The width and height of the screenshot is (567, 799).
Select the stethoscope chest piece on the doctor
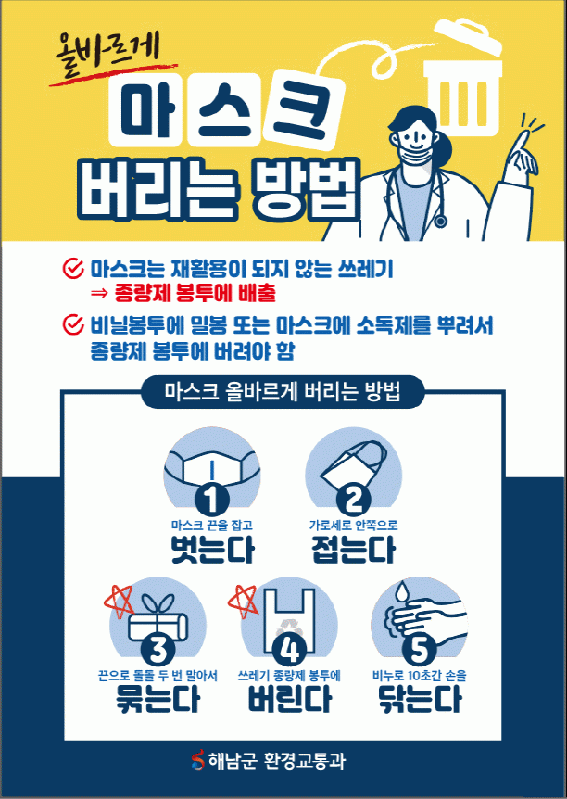pos(440,221)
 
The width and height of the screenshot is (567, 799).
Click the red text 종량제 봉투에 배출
pos(195,293)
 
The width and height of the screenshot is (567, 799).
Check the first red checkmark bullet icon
pos(73,268)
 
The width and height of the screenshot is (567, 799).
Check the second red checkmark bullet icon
pos(73,324)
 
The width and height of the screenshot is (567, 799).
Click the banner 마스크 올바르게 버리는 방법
pos(283,392)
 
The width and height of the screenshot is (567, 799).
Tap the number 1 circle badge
pos(211,499)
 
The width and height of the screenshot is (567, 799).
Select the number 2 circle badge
pos(353,499)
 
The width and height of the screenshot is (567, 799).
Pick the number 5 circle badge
pos(420,650)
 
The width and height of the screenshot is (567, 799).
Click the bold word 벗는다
pos(212,550)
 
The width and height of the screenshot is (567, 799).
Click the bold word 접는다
pos(353,550)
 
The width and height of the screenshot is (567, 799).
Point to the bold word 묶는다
pos(157,699)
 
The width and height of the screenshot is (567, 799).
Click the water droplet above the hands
pos(402,590)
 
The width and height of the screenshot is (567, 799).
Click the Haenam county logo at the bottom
pos(197,760)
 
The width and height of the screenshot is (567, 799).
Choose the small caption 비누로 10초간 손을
pos(420,677)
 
